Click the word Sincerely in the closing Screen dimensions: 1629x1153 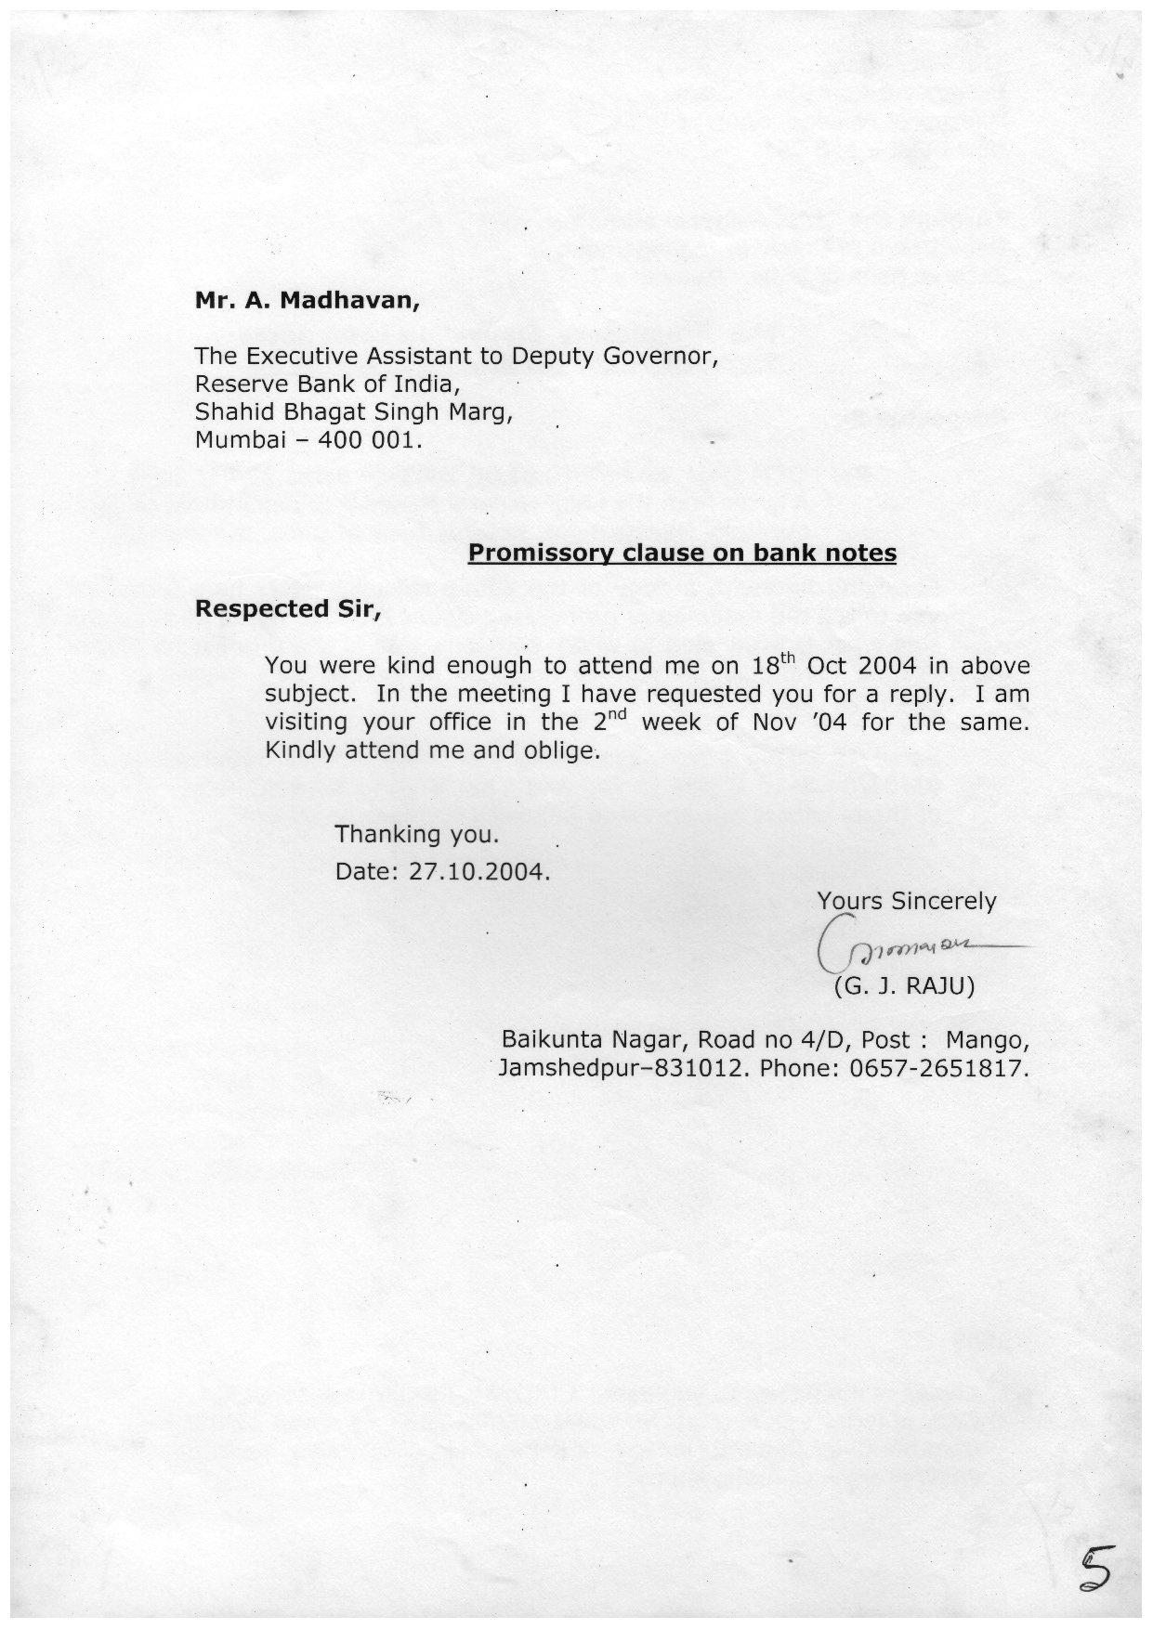943,901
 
